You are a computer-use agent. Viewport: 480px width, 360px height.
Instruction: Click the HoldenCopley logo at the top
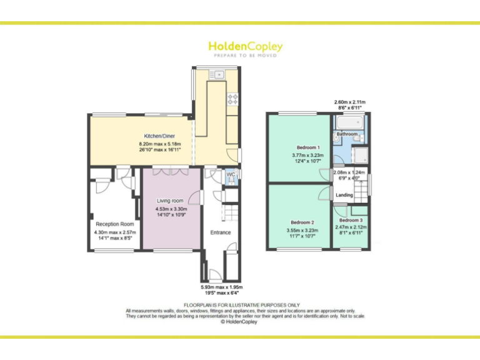[x=245, y=47]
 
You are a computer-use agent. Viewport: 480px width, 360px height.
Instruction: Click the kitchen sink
[x=219, y=75]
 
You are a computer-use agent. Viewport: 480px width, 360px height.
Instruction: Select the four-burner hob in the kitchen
[x=232, y=98]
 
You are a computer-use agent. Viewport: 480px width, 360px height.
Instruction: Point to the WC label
[x=230, y=174]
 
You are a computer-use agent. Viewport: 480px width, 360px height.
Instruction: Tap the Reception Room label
[x=114, y=224]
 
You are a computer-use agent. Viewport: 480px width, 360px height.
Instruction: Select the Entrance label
[x=220, y=232]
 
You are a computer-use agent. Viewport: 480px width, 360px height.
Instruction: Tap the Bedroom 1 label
[x=301, y=147]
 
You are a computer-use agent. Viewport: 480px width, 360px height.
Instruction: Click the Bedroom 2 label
[x=302, y=222]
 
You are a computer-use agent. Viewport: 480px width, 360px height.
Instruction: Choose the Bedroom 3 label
[x=350, y=220]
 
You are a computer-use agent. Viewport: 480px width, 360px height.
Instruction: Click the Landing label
[x=344, y=195]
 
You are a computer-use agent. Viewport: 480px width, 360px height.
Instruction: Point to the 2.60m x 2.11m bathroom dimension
[x=349, y=102]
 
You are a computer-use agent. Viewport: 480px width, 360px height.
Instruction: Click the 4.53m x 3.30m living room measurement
[x=171, y=209]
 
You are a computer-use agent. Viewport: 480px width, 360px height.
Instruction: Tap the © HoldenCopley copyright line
[x=240, y=322]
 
